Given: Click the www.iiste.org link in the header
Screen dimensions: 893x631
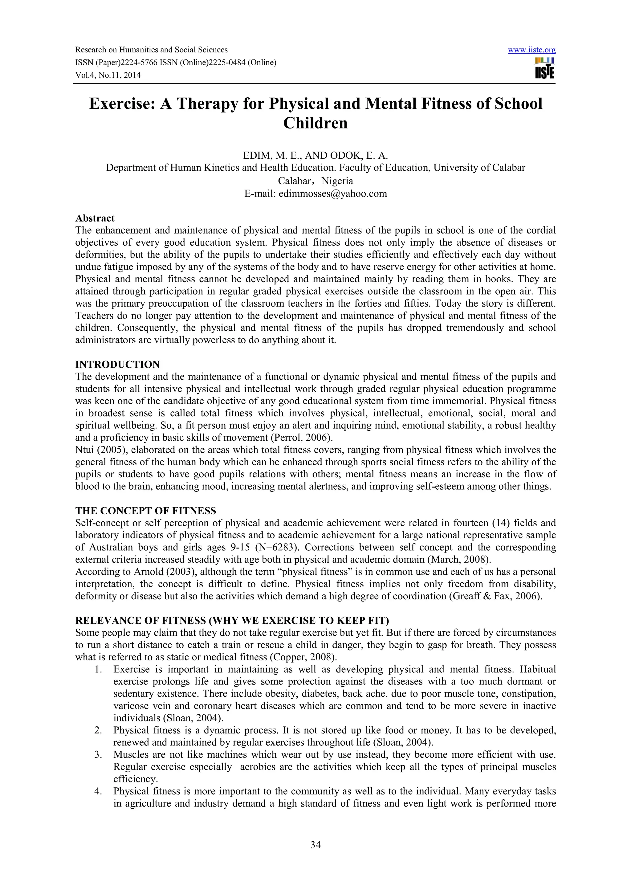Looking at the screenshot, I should [x=531, y=50].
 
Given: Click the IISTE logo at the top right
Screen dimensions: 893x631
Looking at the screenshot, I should [x=544, y=68].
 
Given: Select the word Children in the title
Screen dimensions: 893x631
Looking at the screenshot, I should [x=315, y=124].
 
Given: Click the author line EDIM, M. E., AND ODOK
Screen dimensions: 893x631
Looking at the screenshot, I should [x=315, y=156].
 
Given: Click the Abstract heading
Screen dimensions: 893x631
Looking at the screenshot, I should [x=95, y=218].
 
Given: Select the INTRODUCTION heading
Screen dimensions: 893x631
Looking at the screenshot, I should [x=117, y=365].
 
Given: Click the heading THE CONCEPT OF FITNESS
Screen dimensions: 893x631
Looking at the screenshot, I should [x=145, y=511].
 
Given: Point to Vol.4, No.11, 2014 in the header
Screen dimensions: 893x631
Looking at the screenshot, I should [x=108, y=75].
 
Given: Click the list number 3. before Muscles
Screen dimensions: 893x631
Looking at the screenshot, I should [x=98, y=755].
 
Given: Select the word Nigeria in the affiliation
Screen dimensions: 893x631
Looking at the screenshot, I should [x=337, y=181].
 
